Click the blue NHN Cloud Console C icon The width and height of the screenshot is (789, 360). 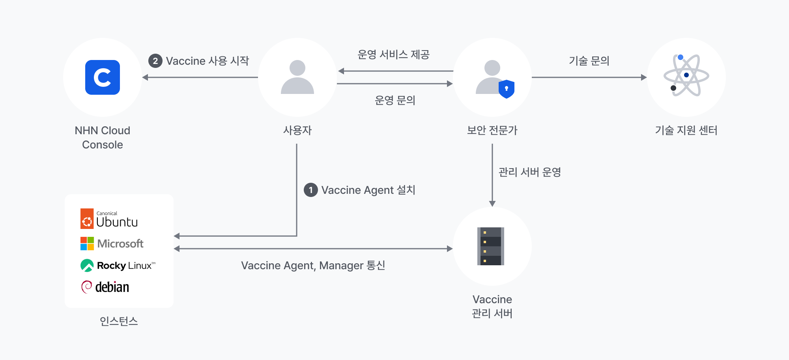pos(103,77)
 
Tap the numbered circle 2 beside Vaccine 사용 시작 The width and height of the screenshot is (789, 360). pos(155,61)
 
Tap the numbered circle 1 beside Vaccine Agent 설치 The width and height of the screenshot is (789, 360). pos(311,190)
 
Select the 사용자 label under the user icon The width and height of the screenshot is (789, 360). pos(297,130)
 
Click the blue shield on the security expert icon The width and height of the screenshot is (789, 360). pos(507,89)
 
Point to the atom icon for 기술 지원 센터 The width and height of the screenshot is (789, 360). pos(686,75)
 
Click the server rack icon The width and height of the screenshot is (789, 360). pos(491,246)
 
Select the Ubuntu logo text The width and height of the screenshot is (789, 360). pos(117,222)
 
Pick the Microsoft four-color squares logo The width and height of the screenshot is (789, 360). pos(87,244)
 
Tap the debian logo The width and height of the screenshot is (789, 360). pos(105,287)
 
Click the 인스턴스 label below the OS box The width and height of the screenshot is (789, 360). pos(119,321)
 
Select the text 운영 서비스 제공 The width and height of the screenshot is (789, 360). pos(393,54)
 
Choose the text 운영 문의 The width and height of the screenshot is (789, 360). pos(395,100)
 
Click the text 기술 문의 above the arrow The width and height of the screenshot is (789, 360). pos(589,61)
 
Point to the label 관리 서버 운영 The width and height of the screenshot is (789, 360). pos(529,172)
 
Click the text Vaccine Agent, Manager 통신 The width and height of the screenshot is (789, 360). pos(313,265)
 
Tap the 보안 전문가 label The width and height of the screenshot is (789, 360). pos(492,130)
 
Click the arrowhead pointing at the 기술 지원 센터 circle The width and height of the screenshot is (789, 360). pos(644,77)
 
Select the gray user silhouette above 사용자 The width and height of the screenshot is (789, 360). pos(297,77)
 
